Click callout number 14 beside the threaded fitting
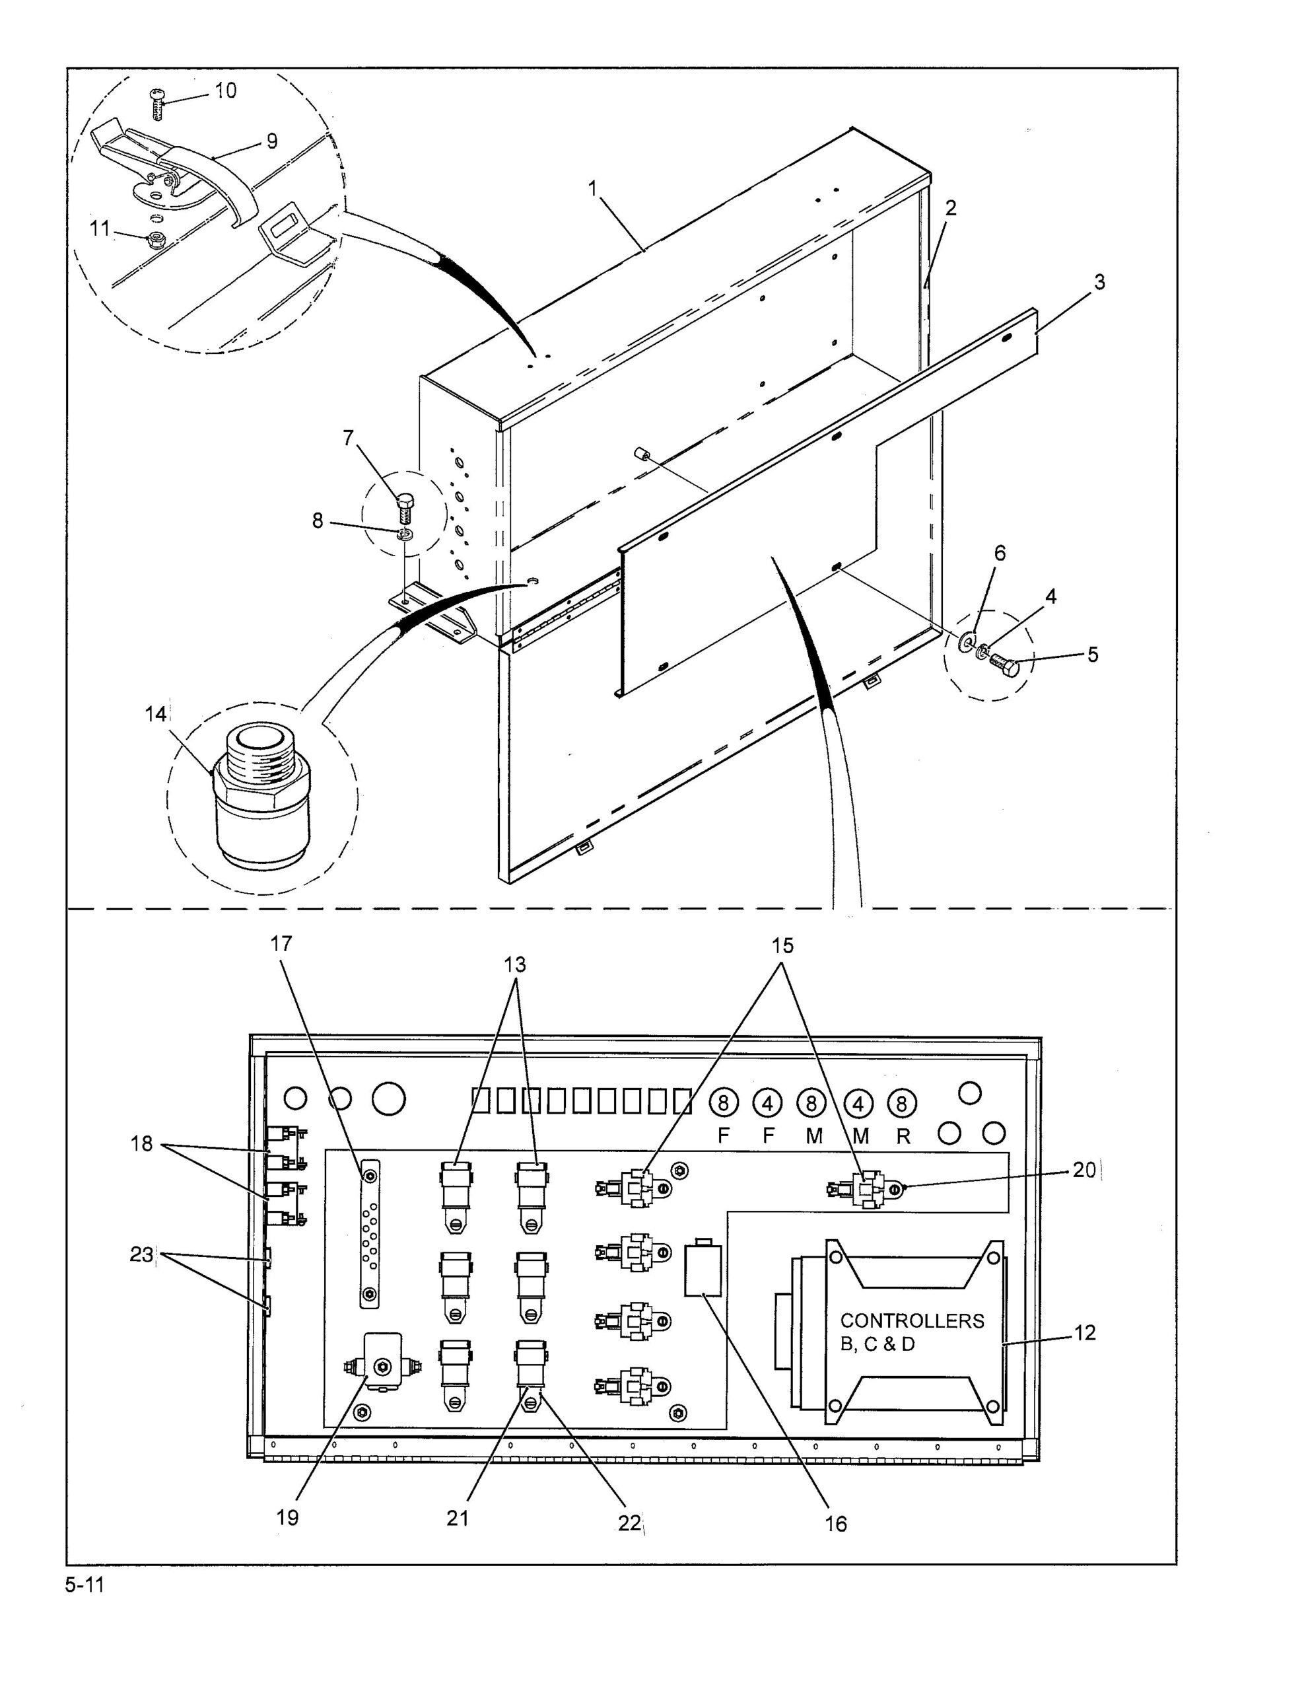click(x=156, y=714)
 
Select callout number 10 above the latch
click(x=225, y=90)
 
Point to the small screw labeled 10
click(x=156, y=104)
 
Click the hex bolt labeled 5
click(x=1004, y=665)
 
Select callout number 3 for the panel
click(x=1099, y=282)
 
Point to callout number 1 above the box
click(x=593, y=188)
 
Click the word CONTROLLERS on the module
click(x=912, y=1320)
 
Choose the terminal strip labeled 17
click(x=370, y=1234)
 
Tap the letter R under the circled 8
click(x=903, y=1136)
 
